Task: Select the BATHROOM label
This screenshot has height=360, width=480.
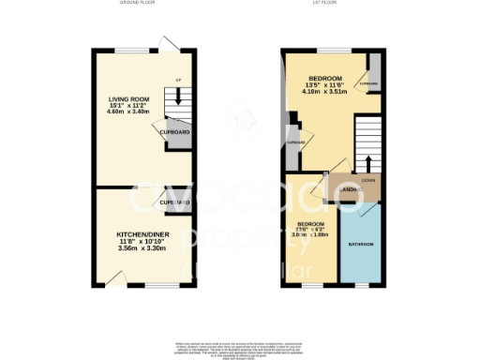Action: (361, 245)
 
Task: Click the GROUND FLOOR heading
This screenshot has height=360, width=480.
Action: (139, 4)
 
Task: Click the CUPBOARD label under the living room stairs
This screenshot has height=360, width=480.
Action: (175, 132)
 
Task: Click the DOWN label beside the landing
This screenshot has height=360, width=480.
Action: (368, 180)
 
